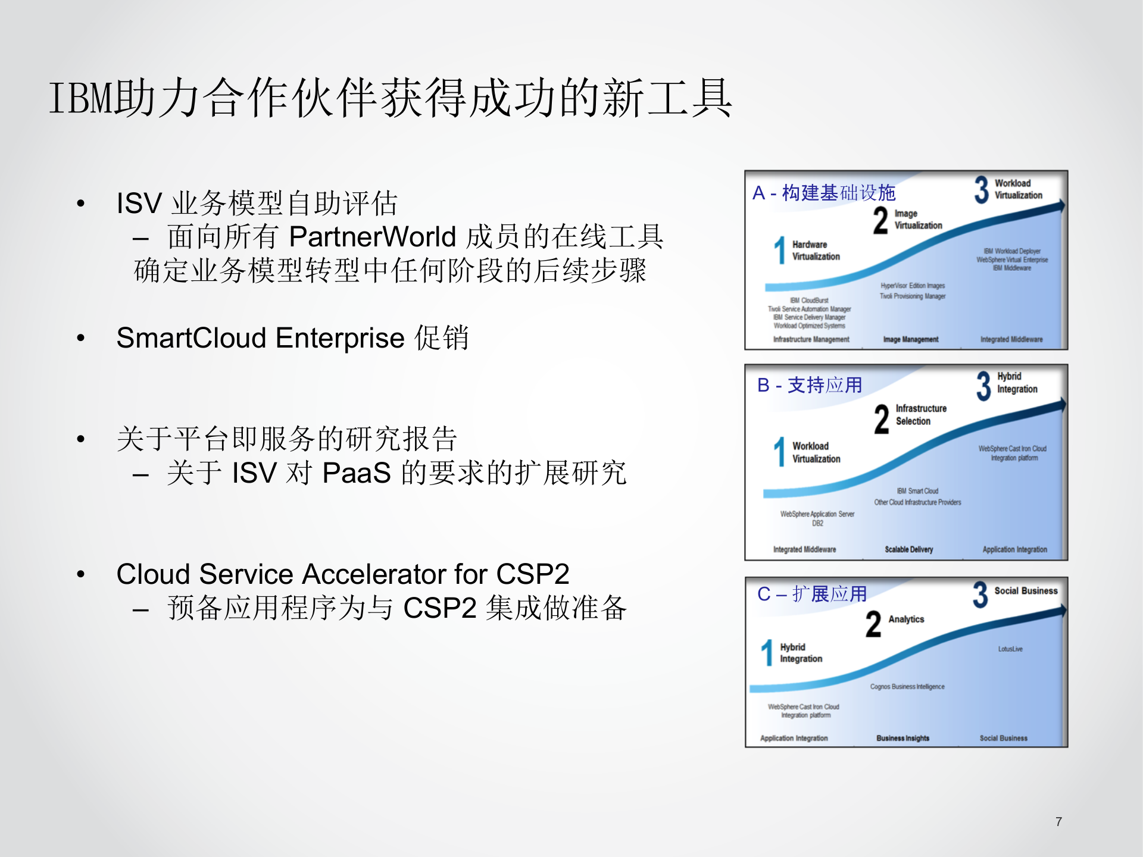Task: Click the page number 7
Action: point(1058,822)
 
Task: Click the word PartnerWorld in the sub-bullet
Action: point(372,237)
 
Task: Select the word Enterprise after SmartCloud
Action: point(340,338)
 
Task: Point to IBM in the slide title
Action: point(80,98)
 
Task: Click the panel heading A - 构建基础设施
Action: point(824,193)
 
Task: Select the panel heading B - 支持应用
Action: point(810,385)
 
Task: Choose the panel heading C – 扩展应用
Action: point(811,594)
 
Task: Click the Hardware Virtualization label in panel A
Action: point(816,251)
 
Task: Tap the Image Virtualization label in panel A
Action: point(918,220)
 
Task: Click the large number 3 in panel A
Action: point(981,190)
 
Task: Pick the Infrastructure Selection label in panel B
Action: point(920,415)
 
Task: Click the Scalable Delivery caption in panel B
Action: point(908,549)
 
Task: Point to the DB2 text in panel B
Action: point(817,524)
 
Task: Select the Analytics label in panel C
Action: point(906,620)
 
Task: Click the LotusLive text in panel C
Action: point(1010,649)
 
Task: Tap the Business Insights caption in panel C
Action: point(902,738)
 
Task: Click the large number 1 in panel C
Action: point(767,653)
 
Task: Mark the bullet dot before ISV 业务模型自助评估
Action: point(81,204)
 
